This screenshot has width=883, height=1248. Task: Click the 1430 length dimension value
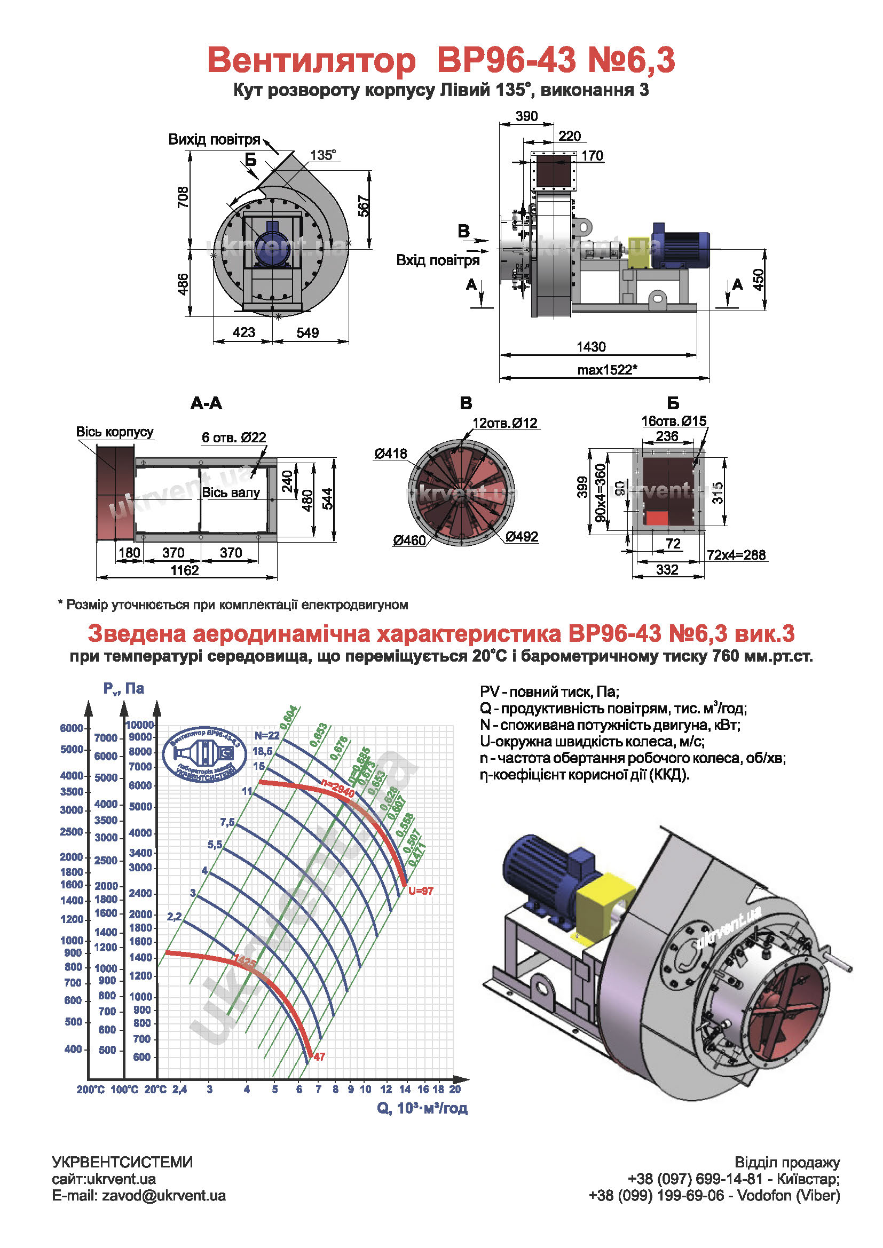point(591,347)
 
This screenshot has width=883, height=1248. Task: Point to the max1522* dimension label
point(607,370)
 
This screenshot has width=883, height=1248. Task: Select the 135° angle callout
point(323,155)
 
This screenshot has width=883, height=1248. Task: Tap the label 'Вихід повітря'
point(214,140)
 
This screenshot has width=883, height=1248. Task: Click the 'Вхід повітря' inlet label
point(438,260)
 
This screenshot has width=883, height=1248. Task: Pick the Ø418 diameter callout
point(390,454)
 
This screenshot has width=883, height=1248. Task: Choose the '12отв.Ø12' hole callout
point(504,423)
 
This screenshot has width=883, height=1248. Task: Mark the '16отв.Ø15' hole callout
point(674,420)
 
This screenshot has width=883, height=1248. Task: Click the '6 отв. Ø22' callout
point(234,437)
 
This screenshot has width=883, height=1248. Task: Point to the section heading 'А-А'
point(206,403)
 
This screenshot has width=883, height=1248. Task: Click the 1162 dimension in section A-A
point(185,570)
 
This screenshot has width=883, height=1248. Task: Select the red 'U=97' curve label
point(421,891)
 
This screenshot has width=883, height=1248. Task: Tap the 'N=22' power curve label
point(267,736)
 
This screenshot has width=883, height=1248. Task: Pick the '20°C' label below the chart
point(155,1090)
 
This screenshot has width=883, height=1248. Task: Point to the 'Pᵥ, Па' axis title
point(124,689)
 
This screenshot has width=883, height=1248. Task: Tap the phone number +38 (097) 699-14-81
point(695,1179)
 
